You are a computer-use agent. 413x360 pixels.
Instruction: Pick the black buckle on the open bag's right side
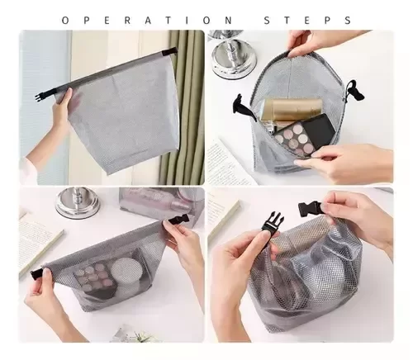(350, 90)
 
